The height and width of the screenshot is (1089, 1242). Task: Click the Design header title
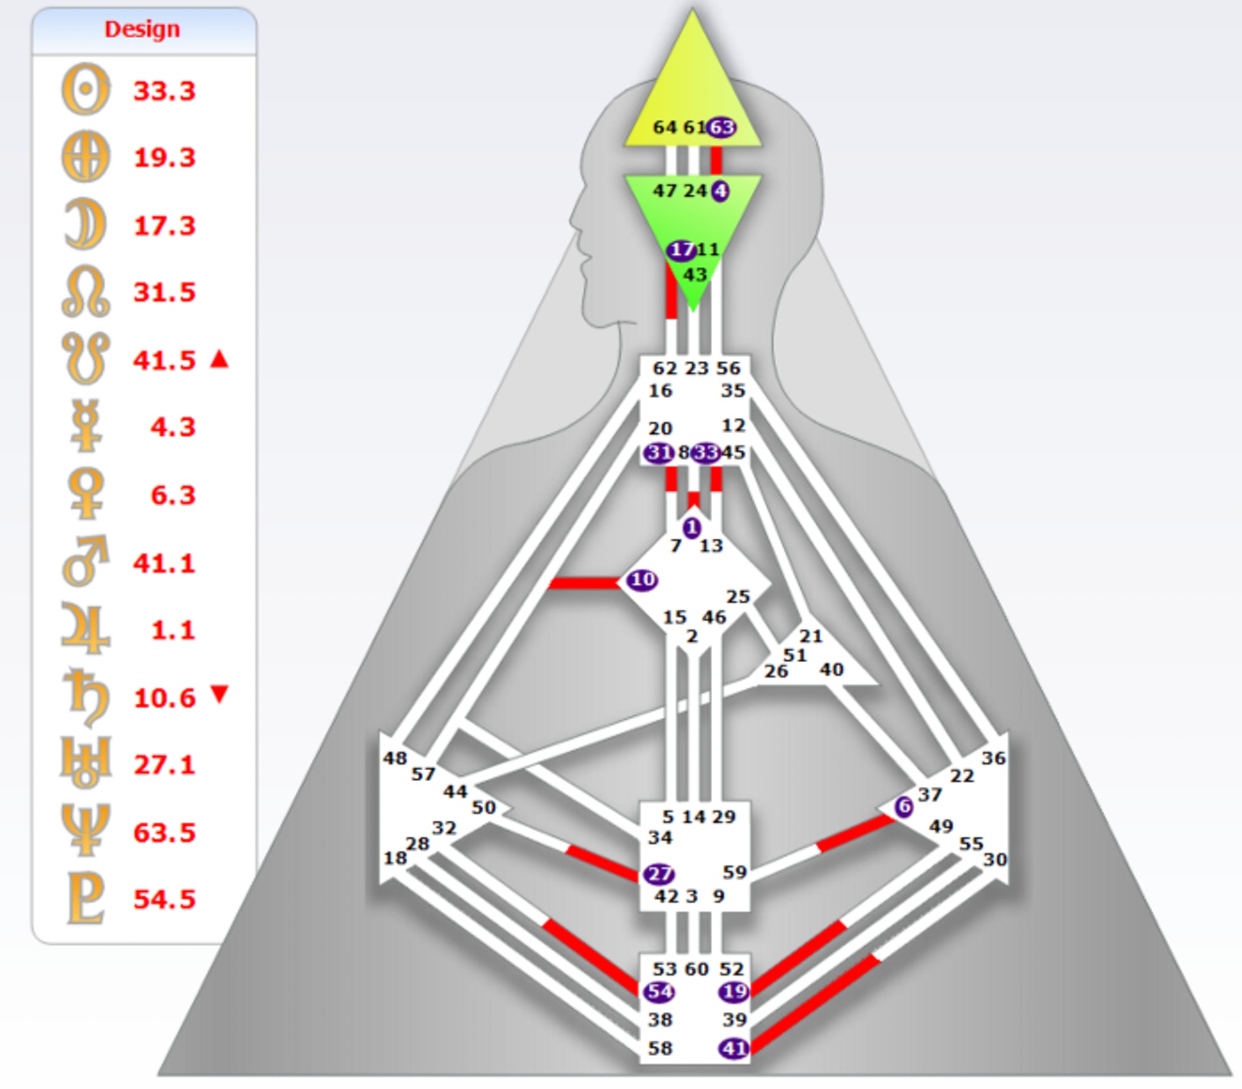142,29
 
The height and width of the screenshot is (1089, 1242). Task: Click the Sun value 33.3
164,91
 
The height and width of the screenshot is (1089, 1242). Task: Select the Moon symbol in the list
85,224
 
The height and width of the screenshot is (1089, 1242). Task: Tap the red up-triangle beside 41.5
220,359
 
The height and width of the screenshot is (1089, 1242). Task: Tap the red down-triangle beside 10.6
220,694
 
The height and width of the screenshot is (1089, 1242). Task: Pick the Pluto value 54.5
164,899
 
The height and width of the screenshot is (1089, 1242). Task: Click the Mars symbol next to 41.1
85,561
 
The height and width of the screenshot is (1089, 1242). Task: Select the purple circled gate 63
721,127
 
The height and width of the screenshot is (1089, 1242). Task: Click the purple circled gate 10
642,579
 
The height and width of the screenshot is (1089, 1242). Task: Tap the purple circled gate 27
659,874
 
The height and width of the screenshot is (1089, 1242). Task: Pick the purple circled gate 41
734,1048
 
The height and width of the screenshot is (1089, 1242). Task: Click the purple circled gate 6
904,806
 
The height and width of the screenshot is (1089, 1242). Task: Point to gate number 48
395,757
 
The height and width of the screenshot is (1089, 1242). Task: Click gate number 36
993,757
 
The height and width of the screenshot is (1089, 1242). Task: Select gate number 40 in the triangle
831,669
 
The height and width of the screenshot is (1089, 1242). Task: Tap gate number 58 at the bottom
660,1048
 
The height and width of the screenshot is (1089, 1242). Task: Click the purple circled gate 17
681,250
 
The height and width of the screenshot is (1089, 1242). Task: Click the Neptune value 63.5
164,832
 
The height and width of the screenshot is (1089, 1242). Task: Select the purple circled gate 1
692,528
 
